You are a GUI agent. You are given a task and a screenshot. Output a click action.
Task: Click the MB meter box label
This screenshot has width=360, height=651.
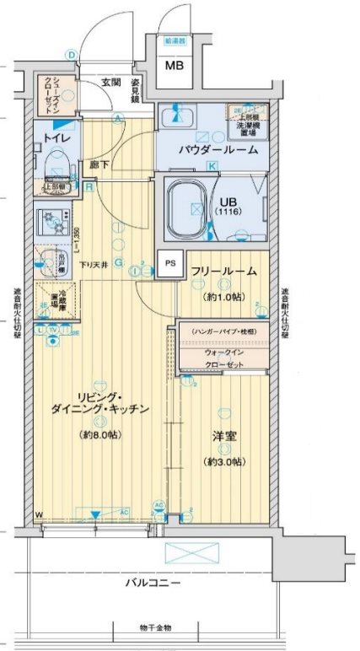[x=175, y=66]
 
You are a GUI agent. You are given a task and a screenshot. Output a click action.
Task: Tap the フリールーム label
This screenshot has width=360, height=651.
[x=222, y=272]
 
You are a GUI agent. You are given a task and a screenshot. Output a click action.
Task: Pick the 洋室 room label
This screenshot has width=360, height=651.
[x=223, y=438]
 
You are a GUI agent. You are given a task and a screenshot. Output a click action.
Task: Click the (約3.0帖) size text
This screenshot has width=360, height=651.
[x=223, y=462]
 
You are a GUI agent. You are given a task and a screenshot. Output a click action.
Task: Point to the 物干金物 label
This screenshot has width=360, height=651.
[x=155, y=627]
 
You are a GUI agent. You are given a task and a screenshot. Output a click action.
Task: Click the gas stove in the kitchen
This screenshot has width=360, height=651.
[x=56, y=223]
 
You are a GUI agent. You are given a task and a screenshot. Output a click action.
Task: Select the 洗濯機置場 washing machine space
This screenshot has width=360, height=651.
[x=250, y=120]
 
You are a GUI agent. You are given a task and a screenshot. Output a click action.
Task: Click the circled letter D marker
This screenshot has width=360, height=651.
[x=73, y=56]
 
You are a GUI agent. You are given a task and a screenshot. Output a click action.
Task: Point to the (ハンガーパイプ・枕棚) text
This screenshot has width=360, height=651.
[x=223, y=331]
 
